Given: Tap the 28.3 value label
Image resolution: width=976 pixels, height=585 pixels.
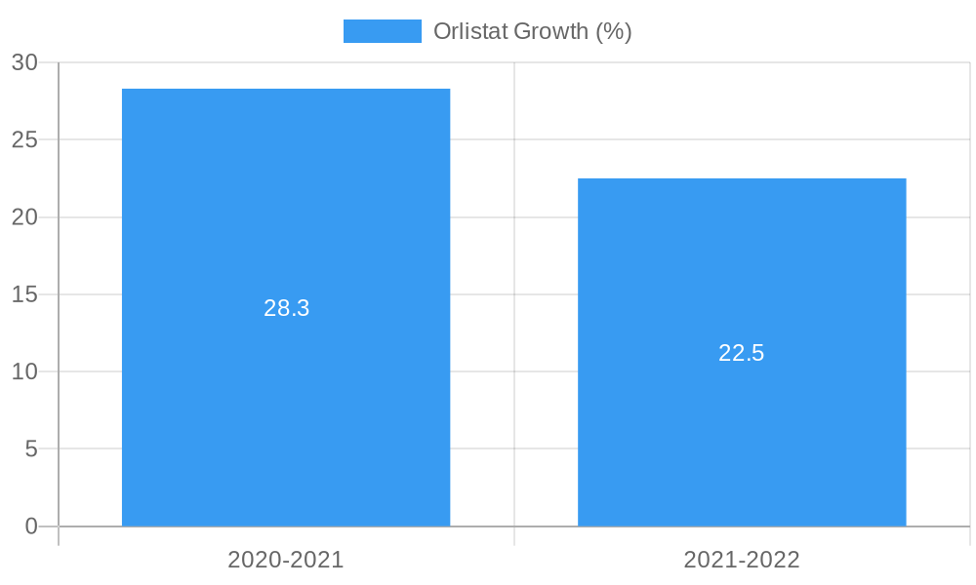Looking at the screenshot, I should click(x=286, y=308).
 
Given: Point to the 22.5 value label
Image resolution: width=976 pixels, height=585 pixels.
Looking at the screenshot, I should click(x=742, y=353).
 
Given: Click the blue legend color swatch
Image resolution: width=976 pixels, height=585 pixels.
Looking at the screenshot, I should click(x=382, y=31).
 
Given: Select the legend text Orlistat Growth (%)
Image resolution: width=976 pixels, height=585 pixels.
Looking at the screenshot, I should click(x=532, y=31).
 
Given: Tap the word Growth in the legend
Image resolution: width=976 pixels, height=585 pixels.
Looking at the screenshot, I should click(x=551, y=31).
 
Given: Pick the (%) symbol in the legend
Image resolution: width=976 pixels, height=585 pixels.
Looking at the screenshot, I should click(x=614, y=31).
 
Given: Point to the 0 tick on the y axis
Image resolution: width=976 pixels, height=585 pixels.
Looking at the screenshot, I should click(x=30, y=526).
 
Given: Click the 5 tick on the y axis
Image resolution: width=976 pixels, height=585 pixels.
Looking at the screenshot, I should click(x=30, y=449).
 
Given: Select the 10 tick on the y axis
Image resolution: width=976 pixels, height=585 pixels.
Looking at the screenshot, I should click(x=24, y=371).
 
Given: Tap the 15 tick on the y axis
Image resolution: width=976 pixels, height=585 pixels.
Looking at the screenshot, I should click(x=24, y=294).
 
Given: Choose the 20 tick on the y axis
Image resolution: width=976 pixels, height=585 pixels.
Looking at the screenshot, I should click(x=24, y=217).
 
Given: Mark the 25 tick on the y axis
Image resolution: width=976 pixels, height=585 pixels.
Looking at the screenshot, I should click(x=24, y=139).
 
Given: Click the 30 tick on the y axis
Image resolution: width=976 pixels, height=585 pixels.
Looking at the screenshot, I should click(x=24, y=62).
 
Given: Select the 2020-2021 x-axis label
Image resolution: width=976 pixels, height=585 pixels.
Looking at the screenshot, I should click(x=286, y=560).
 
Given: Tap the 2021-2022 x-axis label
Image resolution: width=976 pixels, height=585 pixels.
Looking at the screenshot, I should click(x=742, y=560).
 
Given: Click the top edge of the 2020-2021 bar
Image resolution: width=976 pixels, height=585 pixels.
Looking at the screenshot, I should click(x=286, y=90).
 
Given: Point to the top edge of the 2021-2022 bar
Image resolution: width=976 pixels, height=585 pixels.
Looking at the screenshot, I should click(x=742, y=179).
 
